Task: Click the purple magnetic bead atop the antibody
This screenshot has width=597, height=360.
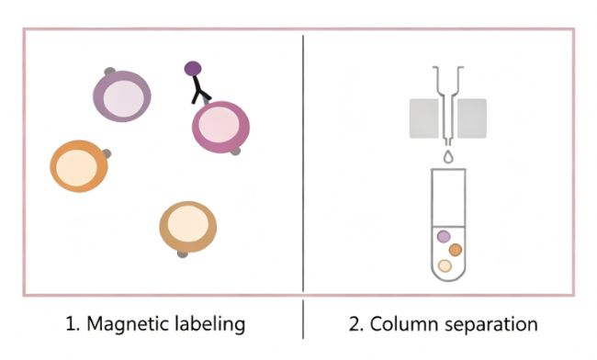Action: [x=193, y=69]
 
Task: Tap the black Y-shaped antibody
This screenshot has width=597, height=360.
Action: [x=199, y=90]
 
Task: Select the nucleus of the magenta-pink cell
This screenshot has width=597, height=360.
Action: [x=219, y=125]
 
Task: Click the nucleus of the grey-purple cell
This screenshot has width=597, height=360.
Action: [x=123, y=96]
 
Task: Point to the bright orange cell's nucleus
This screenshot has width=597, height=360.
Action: [x=77, y=168]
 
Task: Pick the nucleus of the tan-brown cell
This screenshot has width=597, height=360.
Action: [x=187, y=224]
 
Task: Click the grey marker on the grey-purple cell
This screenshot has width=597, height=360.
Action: [x=109, y=71]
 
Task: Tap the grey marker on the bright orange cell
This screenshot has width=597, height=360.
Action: [x=107, y=153]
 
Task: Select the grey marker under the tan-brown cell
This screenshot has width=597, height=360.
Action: [x=183, y=254]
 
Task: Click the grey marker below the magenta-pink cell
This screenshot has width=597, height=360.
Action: [x=236, y=152]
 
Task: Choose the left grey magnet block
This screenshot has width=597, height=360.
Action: [x=423, y=118]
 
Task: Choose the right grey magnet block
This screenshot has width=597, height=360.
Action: [x=472, y=118]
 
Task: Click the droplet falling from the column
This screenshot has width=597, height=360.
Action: [x=448, y=156]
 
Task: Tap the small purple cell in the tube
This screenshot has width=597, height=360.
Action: [x=444, y=236]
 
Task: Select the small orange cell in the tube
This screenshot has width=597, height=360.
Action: [x=456, y=250]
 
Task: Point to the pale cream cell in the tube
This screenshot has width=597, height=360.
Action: [x=445, y=265]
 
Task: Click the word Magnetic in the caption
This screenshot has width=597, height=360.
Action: [x=128, y=324]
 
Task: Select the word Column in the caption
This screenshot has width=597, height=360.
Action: [x=403, y=324]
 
